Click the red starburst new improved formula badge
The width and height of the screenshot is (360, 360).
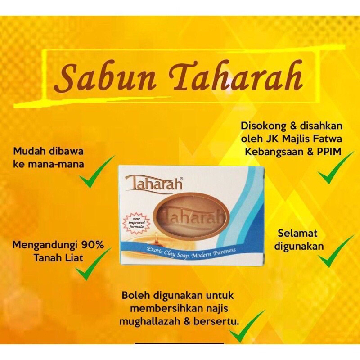click(x=136, y=224)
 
